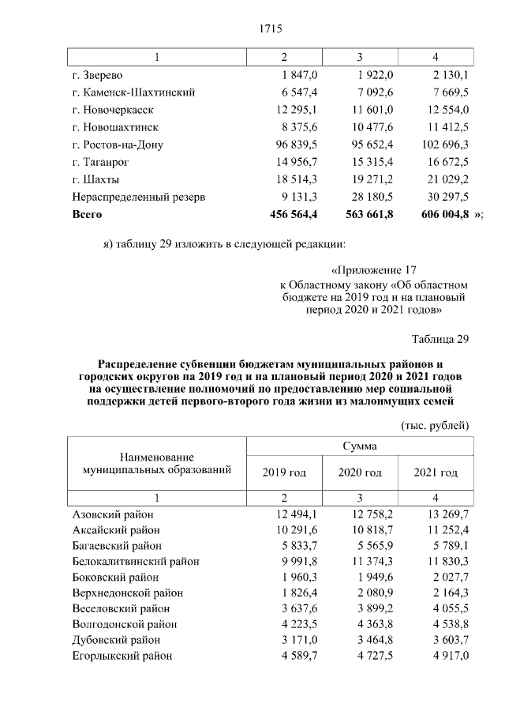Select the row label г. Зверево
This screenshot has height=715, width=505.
96,75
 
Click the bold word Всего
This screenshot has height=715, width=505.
87,214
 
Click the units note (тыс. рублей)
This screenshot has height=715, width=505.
436,425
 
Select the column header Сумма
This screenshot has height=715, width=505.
359,446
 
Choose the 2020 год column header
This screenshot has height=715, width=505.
360,472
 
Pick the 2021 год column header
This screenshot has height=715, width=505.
436,472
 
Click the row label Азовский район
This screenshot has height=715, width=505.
113,515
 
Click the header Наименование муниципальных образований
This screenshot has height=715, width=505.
157,464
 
